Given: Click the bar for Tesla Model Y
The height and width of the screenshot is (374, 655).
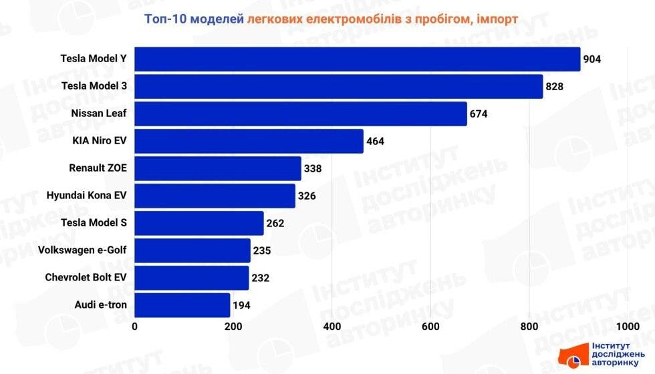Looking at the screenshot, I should pyautogui.click(x=357, y=59).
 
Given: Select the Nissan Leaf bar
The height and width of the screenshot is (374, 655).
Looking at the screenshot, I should pyautogui.click(x=300, y=114).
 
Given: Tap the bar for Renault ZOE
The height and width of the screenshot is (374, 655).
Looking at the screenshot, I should pyautogui.click(x=217, y=168).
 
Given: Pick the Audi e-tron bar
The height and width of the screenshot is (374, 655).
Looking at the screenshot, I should pyautogui.click(x=182, y=305).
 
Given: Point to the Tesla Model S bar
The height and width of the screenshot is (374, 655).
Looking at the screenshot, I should pyautogui.click(x=199, y=223).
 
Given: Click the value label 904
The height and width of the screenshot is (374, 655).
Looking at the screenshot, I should pyautogui.click(x=592, y=59).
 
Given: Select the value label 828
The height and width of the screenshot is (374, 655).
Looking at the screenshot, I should pyautogui.click(x=555, y=86).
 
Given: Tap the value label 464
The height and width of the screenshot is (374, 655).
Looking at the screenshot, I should pyautogui.click(x=375, y=141).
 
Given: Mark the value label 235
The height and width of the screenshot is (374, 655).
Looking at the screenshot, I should pyautogui.click(x=262, y=250).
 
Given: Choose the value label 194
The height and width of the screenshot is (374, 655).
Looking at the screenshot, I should pyautogui.click(x=242, y=305).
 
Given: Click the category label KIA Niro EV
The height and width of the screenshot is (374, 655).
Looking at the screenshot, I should pyautogui.click(x=99, y=141).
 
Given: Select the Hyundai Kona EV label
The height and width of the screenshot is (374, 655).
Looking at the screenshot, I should pyautogui.click(x=86, y=196).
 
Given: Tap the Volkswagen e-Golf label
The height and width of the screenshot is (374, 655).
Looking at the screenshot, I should pyautogui.click(x=82, y=250).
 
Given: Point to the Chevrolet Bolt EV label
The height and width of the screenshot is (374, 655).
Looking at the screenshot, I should pyautogui.click(x=86, y=278).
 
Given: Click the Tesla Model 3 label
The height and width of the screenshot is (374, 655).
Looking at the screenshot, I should pyautogui.click(x=94, y=86).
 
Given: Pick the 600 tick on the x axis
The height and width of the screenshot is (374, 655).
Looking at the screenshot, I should pyautogui.click(x=430, y=327).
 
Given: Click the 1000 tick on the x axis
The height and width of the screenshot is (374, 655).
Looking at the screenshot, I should pyautogui.click(x=627, y=327).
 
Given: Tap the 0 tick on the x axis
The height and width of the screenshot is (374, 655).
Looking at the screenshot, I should pyautogui.click(x=135, y=327).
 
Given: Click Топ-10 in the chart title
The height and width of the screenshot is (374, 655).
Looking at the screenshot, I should pyautogui.click(x=165, y=18).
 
